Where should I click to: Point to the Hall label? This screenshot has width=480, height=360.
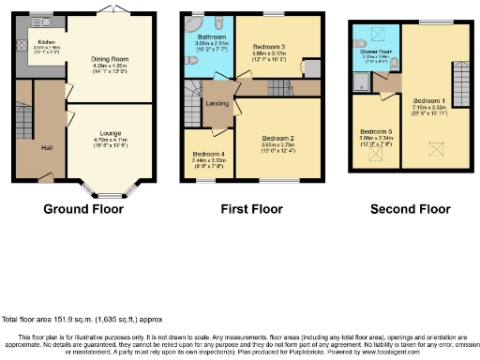(46, 147)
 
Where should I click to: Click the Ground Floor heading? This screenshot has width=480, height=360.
(82, 208)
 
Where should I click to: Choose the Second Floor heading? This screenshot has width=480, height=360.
(404, 208)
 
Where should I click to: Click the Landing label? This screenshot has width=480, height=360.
(217, 104)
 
